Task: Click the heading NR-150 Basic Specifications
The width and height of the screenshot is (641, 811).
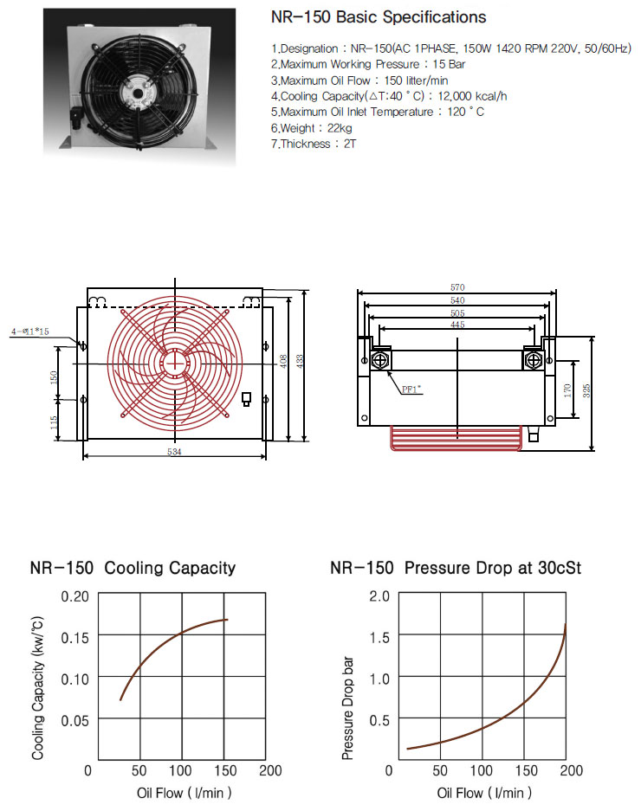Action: click(x=379, y=17)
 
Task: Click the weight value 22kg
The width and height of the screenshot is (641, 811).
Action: click(x=340, y=128)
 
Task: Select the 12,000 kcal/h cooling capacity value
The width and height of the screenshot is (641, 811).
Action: click(x=472, y=96)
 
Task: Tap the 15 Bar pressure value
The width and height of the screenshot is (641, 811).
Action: click(x=449, y=64)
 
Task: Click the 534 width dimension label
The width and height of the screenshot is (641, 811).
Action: click(x=174, y=452)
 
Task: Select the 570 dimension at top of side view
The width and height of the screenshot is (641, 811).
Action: click(x=457, y=287)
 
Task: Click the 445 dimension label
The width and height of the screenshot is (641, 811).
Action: click(x=457, y=325)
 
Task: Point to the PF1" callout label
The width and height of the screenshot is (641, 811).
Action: click(x=411, y=389)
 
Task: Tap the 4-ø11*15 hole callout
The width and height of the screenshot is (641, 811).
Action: click(x=30, y=331)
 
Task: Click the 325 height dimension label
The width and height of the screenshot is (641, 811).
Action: click(x=586, y=390)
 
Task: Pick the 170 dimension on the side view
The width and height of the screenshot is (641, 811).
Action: click(x=567, y=390)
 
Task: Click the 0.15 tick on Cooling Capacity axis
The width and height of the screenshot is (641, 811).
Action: click(x=75, y=637)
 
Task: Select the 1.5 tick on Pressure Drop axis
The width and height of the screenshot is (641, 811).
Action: click(x=379, y=637)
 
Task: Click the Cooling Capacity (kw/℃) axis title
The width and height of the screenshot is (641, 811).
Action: click(x=37, y=688)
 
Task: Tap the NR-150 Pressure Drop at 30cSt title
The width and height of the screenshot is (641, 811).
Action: click(x=456, y=568)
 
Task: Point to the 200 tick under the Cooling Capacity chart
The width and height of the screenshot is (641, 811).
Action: click(x=270, y=770)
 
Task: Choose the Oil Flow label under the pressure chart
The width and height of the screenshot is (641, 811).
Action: click(x=484, y=793)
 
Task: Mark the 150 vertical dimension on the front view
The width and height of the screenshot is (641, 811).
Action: click(x=54, y=377)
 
